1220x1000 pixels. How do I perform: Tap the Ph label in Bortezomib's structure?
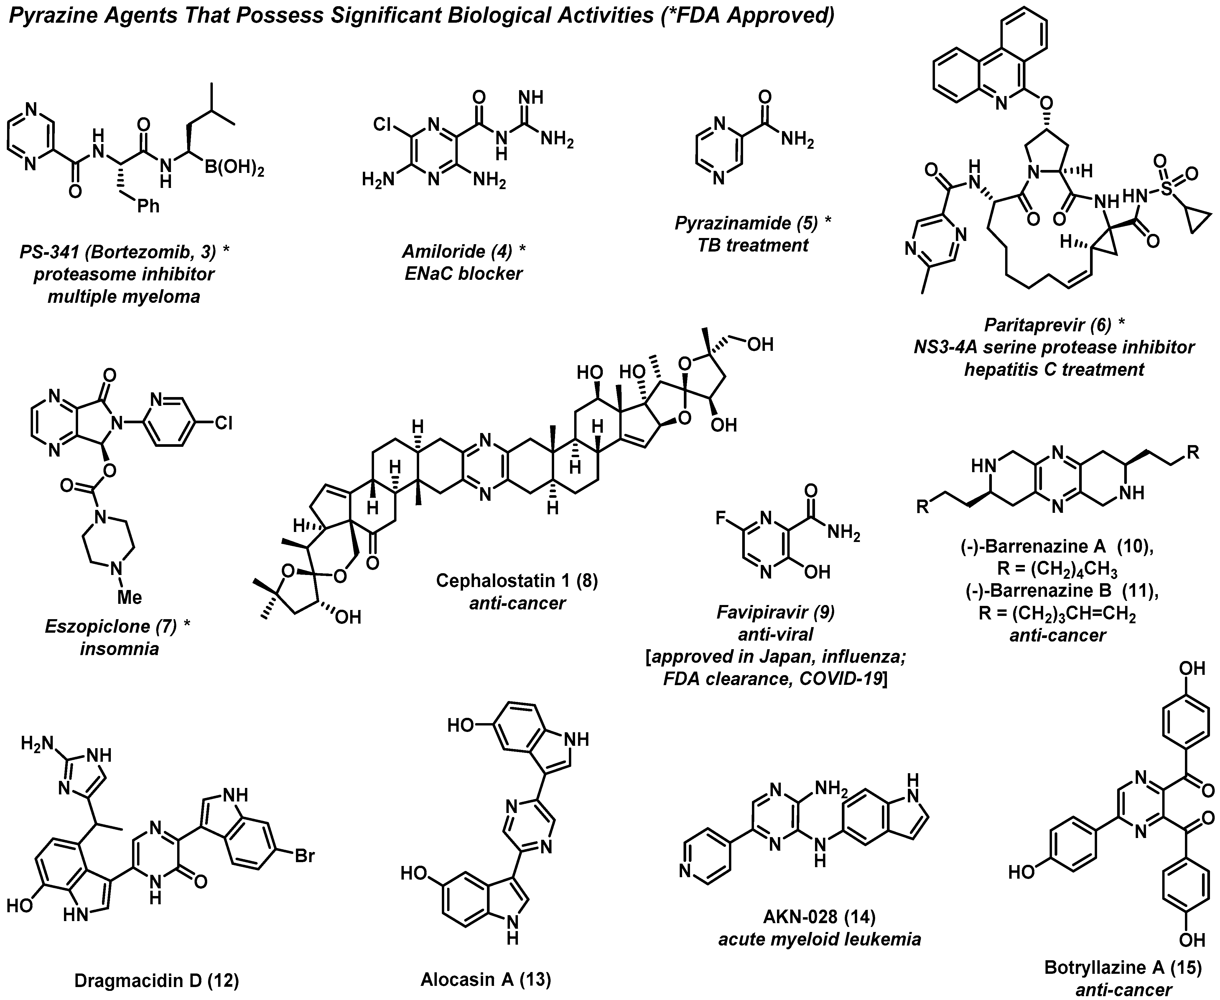tap(148, 206)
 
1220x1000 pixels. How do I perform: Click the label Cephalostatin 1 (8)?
tap(517, 580)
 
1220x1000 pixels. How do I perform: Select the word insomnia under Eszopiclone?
tap(119, 649)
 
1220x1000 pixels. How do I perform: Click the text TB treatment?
tap(753, 245)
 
